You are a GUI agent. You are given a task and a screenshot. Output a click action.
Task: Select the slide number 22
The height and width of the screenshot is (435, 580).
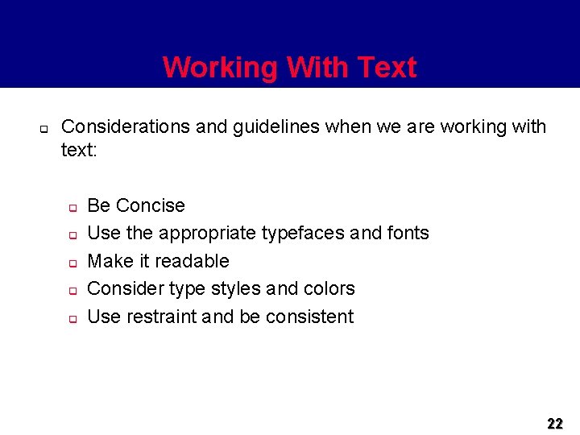[555, 423]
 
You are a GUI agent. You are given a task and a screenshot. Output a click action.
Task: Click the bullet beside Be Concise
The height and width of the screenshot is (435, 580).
[71, 208]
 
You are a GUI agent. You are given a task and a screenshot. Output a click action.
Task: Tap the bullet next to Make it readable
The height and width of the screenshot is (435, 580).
[71, 263]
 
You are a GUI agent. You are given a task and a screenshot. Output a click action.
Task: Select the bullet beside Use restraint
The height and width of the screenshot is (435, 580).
[71, 319]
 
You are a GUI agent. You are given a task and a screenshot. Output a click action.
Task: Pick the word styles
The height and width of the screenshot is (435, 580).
[237, 288]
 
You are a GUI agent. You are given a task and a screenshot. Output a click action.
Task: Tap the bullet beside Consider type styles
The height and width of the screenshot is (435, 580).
[71, 291]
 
